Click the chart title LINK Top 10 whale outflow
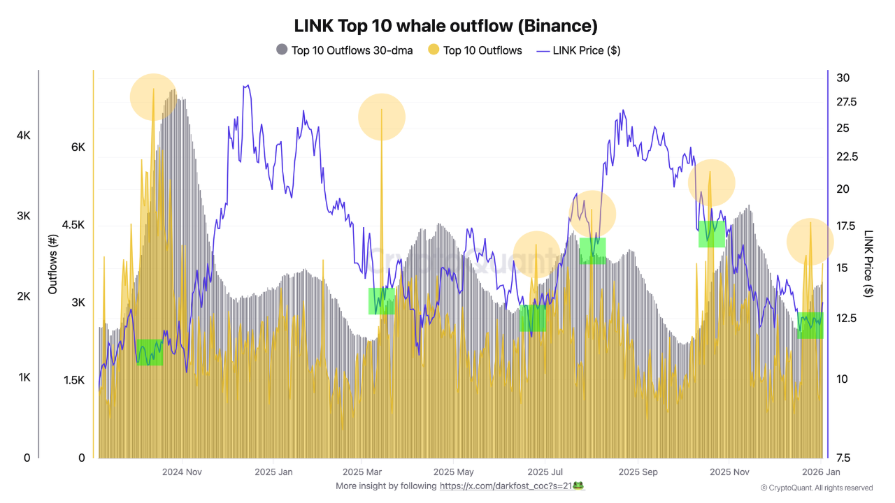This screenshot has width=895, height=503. [445, 26]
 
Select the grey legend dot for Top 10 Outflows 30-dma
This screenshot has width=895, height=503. [282, 50]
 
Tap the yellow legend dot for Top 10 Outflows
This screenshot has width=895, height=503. [434, 50]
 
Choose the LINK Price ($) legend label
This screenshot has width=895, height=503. [586, 50]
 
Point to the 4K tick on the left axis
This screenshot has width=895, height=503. [23, 135]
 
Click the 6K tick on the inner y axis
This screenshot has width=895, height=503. [77, 147]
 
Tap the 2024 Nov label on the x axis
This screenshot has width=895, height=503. [182, 472]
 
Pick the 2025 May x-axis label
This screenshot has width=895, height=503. [453, 472]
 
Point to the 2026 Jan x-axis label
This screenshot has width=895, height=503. [820, 472]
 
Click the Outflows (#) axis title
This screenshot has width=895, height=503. [53, 263]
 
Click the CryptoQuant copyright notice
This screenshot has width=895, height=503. [816, 488]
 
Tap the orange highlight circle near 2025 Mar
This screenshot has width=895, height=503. [382, 117]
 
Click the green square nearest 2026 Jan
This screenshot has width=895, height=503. [810, 325]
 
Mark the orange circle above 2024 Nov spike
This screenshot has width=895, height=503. [153, 96]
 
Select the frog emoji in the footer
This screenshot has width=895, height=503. [578, 486]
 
